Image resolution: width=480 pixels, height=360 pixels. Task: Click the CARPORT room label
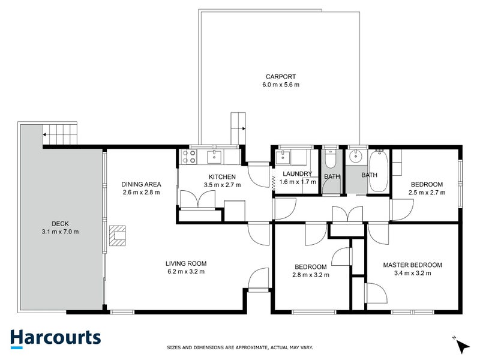281,77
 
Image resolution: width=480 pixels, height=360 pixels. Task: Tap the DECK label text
61,224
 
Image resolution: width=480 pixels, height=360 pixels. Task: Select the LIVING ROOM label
186,263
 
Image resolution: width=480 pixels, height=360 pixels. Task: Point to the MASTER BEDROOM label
413,265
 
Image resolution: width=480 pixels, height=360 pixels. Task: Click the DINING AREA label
141,184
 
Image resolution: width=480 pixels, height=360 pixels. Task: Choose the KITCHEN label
222,177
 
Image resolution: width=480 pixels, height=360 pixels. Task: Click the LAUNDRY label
297,174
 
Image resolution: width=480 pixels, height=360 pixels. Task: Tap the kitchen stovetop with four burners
189,157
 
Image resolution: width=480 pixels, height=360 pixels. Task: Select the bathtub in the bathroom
379,171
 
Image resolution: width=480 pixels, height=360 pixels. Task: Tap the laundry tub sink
283,157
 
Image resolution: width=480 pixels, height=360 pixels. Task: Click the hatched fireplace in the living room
118,236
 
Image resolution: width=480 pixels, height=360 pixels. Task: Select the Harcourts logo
56,339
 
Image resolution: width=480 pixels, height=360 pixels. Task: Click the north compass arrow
463,347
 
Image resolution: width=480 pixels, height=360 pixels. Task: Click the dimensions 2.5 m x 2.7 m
427,193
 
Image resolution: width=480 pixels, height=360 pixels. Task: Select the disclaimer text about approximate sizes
239,348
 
